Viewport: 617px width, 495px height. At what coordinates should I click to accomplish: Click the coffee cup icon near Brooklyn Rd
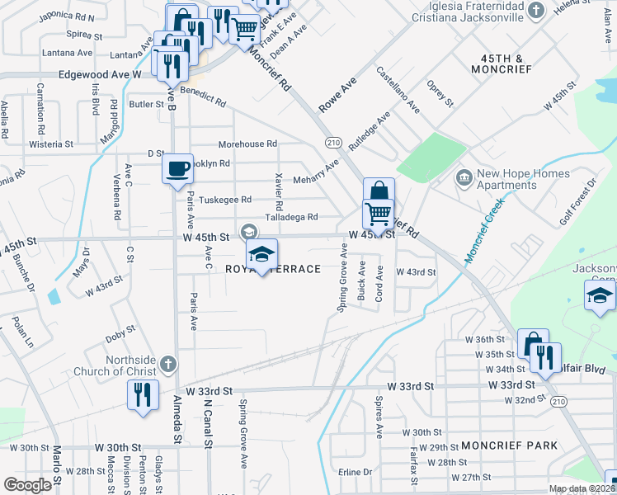pyautogui.click(x=178, y=170)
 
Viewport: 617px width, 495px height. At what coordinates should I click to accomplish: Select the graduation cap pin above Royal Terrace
pyautogui.click(x=261, y=255)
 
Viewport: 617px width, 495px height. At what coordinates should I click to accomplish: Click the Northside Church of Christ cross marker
pyautogui.click(x=167, y=364)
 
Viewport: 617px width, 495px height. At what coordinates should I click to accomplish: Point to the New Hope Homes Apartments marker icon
pyautogui.click(x=463, y=177)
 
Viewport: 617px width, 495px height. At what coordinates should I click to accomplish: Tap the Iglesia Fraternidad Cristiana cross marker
pyautogui.click(x=536, y=11)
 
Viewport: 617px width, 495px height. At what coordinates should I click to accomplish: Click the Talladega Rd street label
pyautogui.click(x=291, y=218)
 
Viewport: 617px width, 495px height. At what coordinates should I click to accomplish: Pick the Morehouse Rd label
pyautogui.click(x=247, y=144)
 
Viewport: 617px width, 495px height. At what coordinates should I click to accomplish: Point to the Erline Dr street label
pyautogui.click(x=356, y=472)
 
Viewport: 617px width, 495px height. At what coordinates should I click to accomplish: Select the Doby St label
pyautogui.click(x=120, y=336)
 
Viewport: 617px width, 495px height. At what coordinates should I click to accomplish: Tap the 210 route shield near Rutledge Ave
pyautogui.click(x=332, y=143)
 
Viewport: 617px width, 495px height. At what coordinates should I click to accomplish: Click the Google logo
pyautogui.click(x=27, y=485)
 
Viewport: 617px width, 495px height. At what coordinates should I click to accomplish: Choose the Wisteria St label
pyautogui.click(x=51, y=144)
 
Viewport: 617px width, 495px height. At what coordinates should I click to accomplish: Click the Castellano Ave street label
pyautogui.click(x=399, y=92)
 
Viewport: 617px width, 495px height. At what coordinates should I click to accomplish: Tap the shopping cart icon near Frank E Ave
pyautogui.click(x=244, y=29)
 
